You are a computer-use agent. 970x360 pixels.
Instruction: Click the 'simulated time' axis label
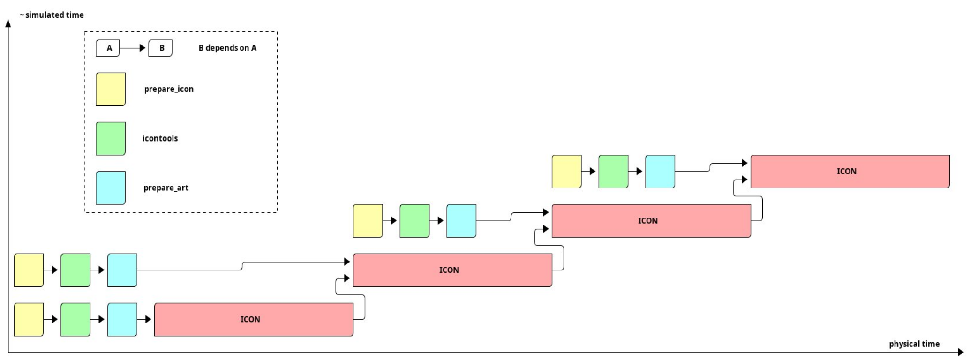(52, 15)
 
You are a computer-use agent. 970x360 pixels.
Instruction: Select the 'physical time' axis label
(914, 344)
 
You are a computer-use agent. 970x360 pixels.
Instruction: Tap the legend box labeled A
(108, 48)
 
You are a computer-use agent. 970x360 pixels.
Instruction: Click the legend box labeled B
(160, 48)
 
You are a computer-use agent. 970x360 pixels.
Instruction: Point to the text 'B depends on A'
(227, 48)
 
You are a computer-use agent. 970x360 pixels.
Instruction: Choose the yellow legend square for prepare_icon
(111, 89)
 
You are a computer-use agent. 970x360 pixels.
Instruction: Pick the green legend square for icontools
(111, 138)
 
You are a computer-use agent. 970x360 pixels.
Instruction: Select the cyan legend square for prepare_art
(111, 188)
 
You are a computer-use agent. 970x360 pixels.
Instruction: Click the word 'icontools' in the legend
(160, 138)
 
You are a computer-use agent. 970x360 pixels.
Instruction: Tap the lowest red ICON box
(254, 319)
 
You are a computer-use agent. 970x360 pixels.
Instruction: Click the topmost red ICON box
(850, 172)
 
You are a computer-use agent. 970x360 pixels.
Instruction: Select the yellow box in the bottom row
(29, 319)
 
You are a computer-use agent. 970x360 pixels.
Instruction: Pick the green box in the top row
(613, 172)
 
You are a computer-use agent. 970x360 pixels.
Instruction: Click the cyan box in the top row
(660, 172)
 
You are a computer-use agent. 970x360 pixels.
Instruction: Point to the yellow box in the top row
(566, 172)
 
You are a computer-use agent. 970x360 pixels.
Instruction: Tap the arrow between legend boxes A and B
(134, 48)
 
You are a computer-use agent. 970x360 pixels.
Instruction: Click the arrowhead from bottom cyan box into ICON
(148, 319)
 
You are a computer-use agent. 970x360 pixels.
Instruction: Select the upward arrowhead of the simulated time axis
(8, 23)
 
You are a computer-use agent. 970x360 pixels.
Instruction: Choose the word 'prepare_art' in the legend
(165, 188)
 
